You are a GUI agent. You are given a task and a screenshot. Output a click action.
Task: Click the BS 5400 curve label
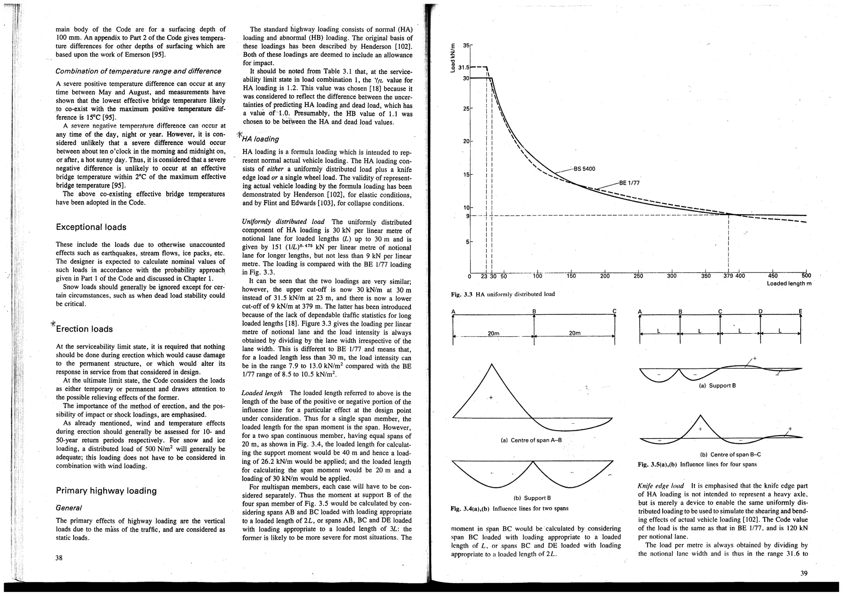(584, 169)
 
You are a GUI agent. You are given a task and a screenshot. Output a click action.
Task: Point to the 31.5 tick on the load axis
(464, 67)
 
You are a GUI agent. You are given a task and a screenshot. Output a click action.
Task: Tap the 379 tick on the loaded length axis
(728, 276)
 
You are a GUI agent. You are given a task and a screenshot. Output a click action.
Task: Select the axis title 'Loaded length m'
(789, 284)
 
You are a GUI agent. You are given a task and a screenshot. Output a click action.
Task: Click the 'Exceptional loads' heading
(91, 227)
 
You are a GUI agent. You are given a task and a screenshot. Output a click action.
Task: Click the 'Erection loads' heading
(84, 329)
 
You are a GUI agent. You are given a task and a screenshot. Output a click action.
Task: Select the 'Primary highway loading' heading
(106, 491)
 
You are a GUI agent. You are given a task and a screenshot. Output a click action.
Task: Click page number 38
(59, 558)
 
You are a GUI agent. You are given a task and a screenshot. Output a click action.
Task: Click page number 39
(804, 573)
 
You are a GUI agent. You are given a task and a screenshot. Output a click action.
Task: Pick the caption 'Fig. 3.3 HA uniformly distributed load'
(503, 294)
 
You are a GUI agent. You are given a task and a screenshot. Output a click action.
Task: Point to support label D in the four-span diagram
(760, 311)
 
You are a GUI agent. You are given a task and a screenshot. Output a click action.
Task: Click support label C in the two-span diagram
(614, 311)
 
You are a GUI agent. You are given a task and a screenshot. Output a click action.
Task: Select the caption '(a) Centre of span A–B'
(531, 440)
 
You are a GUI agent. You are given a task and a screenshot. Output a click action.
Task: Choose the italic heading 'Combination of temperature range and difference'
(138, 71)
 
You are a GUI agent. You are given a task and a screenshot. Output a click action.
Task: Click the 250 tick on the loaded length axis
(638, 276)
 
